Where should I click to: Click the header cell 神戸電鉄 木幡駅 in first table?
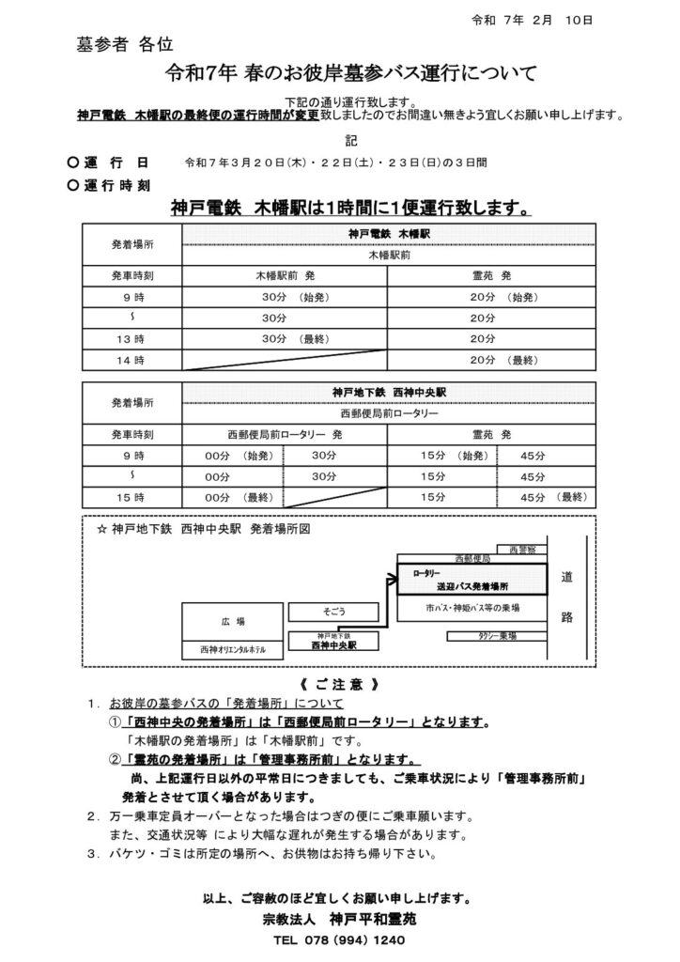(387, 232)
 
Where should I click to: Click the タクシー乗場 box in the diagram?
(496, 636)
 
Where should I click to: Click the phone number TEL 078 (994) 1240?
(339, 939)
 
